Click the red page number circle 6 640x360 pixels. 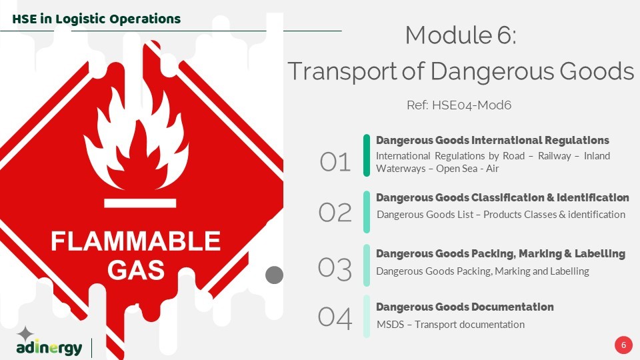coord(623,345)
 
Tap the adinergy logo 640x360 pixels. coord(49,341)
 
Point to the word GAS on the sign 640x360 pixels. coord(136,270)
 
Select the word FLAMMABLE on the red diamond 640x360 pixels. coord(135,241)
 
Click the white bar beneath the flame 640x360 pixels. coord(140,203)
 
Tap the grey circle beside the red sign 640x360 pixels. coord(274,275)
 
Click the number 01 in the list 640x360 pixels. coord(335,161)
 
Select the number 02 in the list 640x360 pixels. coord(335,212)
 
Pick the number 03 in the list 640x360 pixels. coord(335,269)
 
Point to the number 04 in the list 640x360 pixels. coord(335,317)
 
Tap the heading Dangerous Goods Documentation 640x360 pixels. coord(465,307)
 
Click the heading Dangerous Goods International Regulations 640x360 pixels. coord(493,141)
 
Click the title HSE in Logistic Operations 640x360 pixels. coord(96,19)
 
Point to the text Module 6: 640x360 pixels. coord(461,35)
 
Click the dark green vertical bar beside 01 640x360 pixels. coord(367,155)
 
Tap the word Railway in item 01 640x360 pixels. coord(554,156)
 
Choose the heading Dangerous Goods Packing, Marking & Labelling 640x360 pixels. coord(501,254)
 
